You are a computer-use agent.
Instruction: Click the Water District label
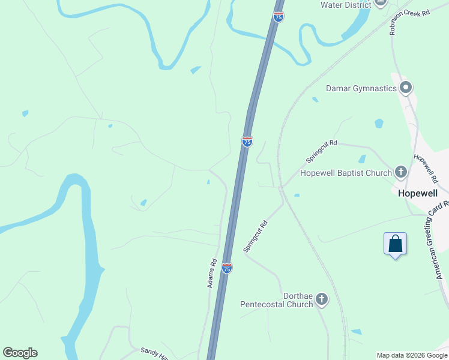click(x=346, y=5)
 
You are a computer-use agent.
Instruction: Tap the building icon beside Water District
click(x=379, y=3)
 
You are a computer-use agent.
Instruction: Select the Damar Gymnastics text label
click(x=361, y=88)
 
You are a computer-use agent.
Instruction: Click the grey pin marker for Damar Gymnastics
click(x=406, y=88)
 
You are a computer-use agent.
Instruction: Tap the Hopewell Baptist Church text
click(x=345, y=173)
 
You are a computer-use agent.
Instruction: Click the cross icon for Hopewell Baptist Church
click(x=401, y=173)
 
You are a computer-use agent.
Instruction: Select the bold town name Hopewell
click(x=420, y=194)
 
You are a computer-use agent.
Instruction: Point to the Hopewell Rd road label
click(x=426, y=168)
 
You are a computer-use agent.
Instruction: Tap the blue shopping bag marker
click(x=395, y=245)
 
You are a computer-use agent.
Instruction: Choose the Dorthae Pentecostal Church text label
click(x=277, y=300)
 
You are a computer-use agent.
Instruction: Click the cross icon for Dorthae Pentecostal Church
click(x=322, y=299)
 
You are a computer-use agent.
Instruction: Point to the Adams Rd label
click(x=212, y=273)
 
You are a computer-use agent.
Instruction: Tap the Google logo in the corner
click(x=20, y=353)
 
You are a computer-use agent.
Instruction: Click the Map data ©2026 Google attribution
click(x=411, y=355)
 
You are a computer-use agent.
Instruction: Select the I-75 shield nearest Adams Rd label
click(x=226, y=268)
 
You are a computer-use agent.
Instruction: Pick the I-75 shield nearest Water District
click(x=278, y=17)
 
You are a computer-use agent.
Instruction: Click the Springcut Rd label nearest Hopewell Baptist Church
click(x=322, y=152)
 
